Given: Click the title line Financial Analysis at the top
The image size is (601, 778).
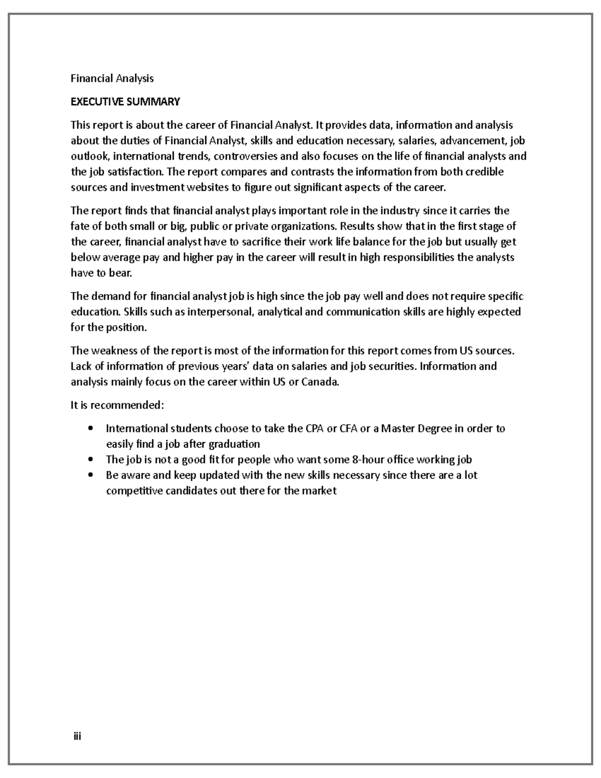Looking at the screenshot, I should (x=112, y=78).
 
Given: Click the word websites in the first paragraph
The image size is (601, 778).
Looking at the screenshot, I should (x=207, y=187).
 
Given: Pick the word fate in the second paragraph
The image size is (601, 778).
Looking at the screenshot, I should (x=79, y=226).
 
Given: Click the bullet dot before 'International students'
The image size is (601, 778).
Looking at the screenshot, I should (x=91, y=428).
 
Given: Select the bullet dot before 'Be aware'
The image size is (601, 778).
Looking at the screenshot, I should (x=91, y=475).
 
